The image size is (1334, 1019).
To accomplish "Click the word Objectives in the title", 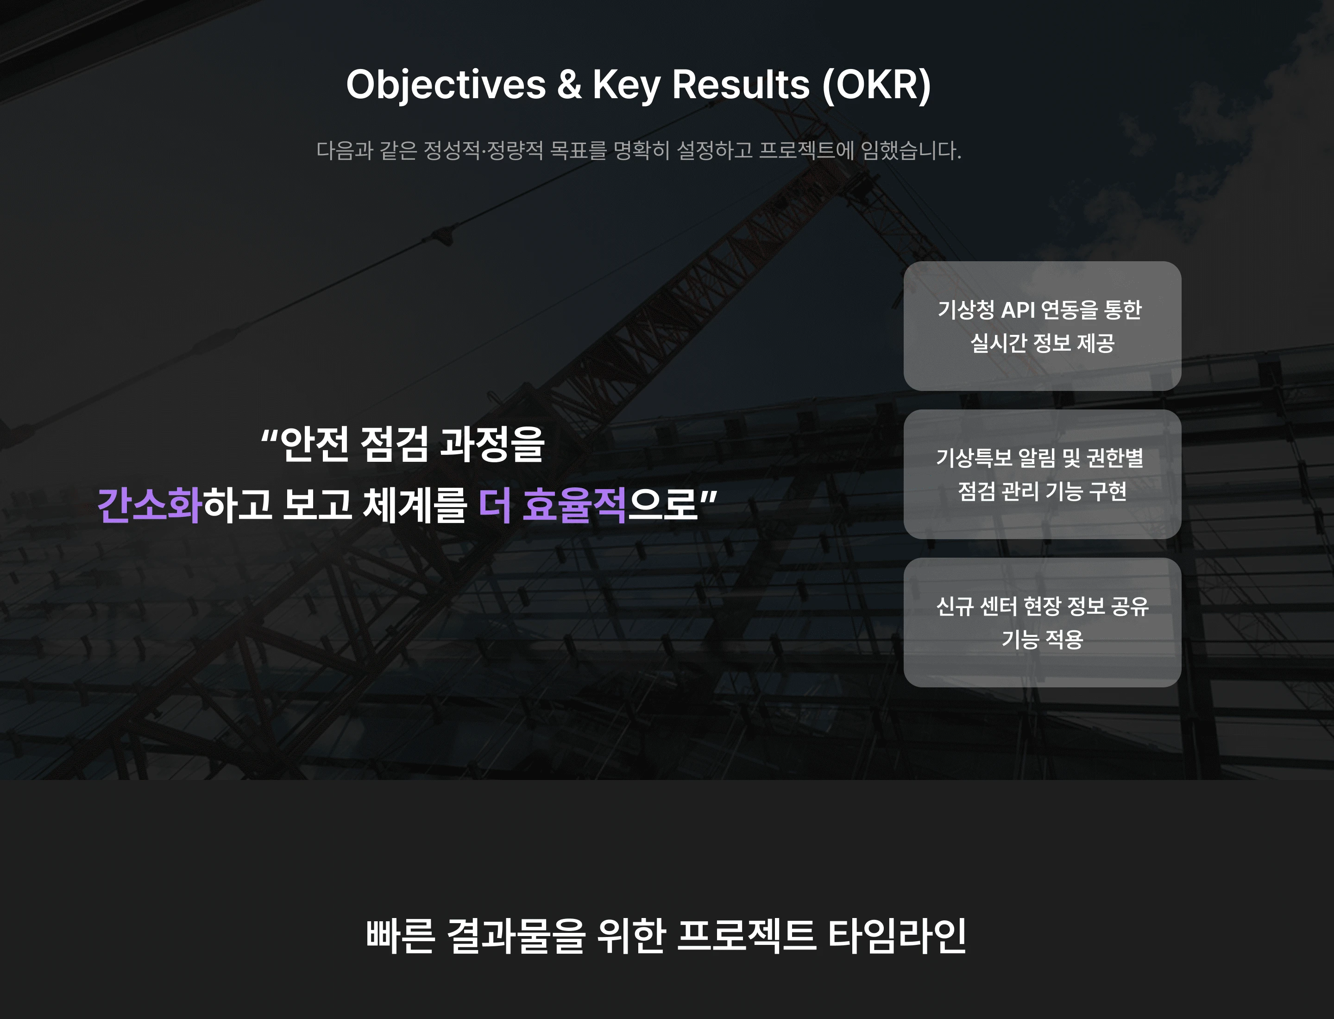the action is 446,84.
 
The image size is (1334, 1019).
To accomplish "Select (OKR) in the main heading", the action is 876,84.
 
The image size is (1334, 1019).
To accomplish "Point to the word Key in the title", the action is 627,84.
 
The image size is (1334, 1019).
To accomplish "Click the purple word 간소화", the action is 149,505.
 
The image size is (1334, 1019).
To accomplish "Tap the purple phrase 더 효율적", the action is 553,505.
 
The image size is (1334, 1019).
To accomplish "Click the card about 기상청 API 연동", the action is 1042,327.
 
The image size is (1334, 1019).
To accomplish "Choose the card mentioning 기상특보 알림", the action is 1042,474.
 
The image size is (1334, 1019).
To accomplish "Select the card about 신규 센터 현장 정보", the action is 1042,623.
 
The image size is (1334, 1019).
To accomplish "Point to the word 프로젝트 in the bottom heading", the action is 746,935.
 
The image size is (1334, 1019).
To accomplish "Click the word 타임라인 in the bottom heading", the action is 897,935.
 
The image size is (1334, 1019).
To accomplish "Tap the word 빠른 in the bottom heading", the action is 400,935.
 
